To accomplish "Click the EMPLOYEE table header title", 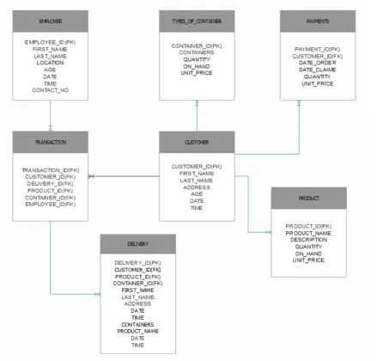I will tap(50, 19).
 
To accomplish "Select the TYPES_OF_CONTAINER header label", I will tap(198, 19).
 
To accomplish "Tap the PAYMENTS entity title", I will tap(317, 19).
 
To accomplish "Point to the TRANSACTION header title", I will tap(50, 139).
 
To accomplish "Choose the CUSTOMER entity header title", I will tap(197, 139).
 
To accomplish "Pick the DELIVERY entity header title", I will tap(137, 243).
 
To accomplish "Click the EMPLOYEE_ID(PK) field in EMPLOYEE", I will tap(50, 42).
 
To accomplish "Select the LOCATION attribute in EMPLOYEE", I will tap(50, 63).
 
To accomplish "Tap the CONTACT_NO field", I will tap(50, 90).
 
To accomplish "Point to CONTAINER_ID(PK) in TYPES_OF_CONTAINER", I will tap(197, 46).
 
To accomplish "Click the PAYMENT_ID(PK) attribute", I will tap(317, 49).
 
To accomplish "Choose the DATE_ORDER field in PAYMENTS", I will tap(317, 63).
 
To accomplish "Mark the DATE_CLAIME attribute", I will tap(317, 70).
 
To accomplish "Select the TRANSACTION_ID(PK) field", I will tap(50, 170).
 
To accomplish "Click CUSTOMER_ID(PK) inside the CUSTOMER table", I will tap(197, 166).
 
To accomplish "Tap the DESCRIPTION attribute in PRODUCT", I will tap(309, 240).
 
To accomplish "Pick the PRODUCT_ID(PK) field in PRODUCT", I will tap(309, 226).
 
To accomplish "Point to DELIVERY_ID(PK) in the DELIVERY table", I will tap(137, 262).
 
